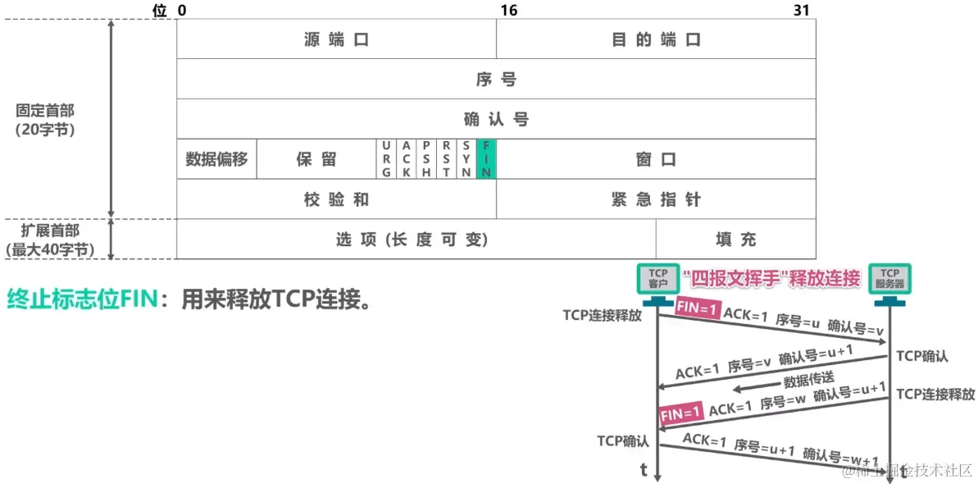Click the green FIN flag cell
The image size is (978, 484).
click(487, 159)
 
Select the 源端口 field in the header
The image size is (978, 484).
click(336, 39)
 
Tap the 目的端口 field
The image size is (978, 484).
click(656, 39)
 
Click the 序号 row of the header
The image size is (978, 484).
click(496, 80)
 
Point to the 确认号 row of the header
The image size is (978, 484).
click(496, 119)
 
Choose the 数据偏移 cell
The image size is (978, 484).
click(216, 159)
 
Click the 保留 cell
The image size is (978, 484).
click(316, 159)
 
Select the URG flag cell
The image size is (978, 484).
click(387, 159)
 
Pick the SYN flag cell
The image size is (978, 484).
click(466, 159)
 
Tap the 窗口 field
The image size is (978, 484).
click(656, 159)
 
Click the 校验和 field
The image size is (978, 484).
click(336, 199)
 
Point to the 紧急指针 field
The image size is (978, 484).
click(656, 199)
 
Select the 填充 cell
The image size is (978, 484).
click(735, 240)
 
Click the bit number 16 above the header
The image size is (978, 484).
click(508, 10)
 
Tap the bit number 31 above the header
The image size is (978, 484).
click(802, 10)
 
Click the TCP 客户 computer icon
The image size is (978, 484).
click(658, 280)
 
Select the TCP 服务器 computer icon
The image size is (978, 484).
click(889, 280)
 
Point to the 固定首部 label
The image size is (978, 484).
click(50, 119)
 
